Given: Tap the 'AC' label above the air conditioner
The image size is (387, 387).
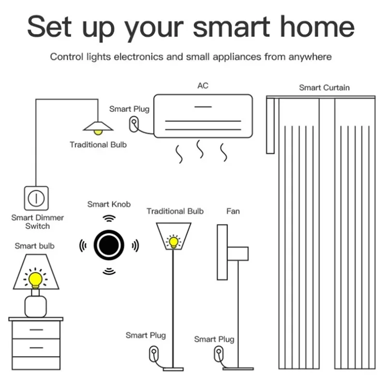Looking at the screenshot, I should pos(203,86).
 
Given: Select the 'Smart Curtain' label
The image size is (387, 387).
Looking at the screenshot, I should pos(324,88).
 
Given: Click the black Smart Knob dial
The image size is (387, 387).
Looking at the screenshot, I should pos(109,245).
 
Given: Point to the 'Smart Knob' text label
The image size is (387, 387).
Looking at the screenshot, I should pos(109,204).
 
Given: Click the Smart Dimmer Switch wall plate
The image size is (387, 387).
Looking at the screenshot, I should pos(36,198).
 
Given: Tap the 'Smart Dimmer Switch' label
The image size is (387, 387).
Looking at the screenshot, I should pos(37,222).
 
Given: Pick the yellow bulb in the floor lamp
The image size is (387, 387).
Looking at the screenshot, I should pos(173,241).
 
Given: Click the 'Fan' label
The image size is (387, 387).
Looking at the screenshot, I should pos(233,211).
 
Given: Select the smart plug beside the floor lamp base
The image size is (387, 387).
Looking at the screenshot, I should pos(154,352).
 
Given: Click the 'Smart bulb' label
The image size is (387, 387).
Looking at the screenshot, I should pos(34,246).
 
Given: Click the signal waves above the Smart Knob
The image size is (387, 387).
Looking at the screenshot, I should pos(109,218).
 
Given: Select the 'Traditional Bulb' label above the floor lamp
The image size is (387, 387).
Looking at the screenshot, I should pos(175,211).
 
